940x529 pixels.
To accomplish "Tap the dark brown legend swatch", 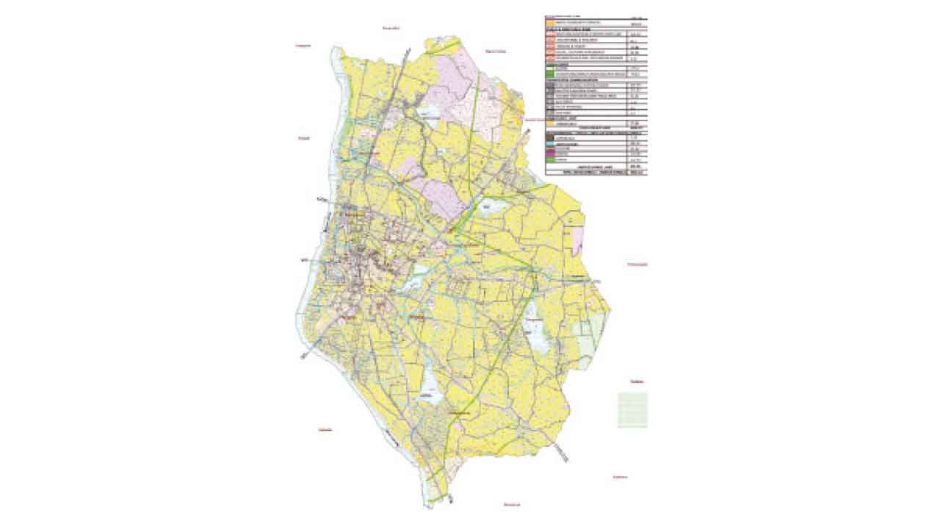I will (x=549, y=137).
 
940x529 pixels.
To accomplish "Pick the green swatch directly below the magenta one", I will (x=549, y=159).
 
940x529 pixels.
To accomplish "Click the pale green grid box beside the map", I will (x=632, y=409).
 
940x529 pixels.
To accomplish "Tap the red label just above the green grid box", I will (x=636, y=381).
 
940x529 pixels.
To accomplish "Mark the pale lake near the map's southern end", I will (x=429, y=388).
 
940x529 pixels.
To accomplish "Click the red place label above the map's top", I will (x=389, y=27).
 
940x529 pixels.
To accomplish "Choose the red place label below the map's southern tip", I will (x=512, y=505).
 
